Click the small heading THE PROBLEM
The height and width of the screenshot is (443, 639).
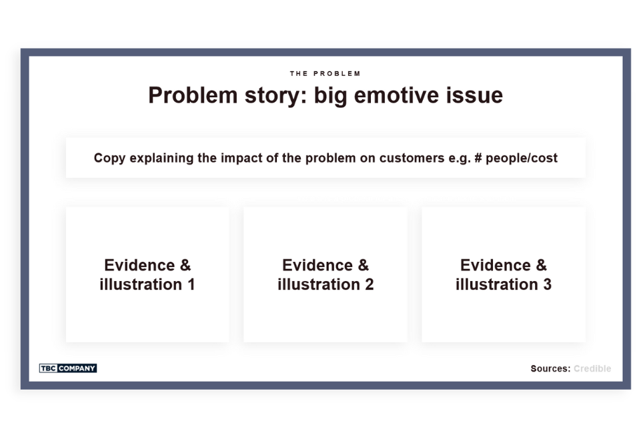325,73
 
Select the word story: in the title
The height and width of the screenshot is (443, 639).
275,95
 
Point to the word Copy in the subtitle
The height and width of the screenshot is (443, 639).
109,159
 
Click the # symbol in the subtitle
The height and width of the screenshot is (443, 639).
477,159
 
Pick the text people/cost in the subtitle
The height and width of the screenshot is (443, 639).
522,159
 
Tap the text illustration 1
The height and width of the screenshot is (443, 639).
147,284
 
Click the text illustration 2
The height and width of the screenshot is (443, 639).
326,284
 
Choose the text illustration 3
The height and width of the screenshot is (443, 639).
504,284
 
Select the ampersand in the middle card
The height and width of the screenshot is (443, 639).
363,265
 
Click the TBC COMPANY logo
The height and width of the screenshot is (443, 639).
68,368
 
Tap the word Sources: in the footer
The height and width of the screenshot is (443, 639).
550,368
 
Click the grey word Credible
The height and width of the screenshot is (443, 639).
592,368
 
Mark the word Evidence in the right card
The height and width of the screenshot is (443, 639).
494,265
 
